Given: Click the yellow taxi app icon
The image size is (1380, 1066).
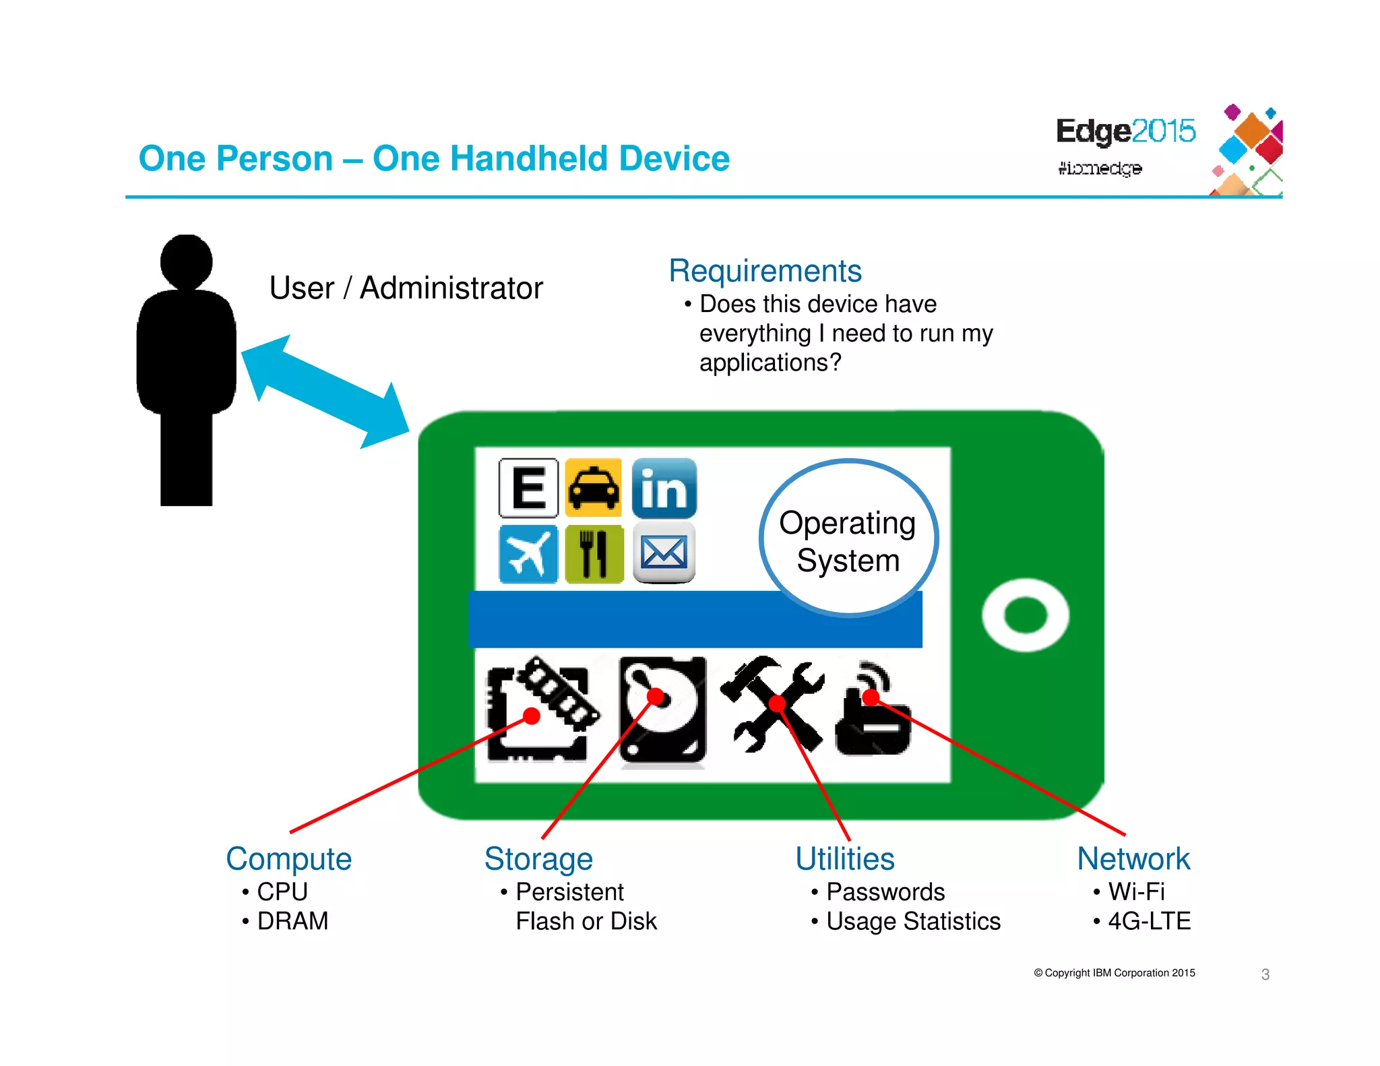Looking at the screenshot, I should pos(593,487).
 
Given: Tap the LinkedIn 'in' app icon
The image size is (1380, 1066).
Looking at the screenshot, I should pos(664,488).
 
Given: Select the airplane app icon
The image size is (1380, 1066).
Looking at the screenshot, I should pos(528,554).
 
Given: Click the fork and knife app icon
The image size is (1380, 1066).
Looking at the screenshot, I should pos(594,554).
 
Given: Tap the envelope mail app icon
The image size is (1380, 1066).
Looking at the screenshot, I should pos(664,554).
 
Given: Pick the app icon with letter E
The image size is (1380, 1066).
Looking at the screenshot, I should pos(529,488).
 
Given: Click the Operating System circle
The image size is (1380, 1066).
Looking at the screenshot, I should pos(848,539).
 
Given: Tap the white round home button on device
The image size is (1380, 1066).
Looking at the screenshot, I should pos(1025,615).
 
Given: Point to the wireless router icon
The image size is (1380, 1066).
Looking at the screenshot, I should pos(873,711).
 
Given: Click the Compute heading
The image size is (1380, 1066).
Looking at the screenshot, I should pos(288,859).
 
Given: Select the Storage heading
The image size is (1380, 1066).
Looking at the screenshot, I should pos(538,859).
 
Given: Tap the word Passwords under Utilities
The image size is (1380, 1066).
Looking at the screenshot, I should pos(885,892).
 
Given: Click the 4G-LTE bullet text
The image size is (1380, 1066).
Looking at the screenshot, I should pos(1149,921).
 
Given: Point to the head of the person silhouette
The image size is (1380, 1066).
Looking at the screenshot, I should pos(187,261).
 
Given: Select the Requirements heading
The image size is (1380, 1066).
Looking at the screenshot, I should pos(765,271).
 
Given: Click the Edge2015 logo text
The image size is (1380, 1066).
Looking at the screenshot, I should pos(1125,131).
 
